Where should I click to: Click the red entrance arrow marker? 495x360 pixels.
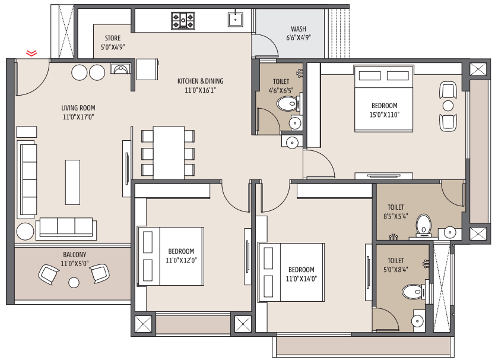[31, 53]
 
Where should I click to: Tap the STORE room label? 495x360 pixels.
[113, 38]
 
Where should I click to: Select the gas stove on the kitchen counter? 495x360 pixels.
[183, 21]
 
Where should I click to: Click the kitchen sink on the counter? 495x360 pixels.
[236, 19]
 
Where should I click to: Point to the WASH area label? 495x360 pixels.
[299, 29]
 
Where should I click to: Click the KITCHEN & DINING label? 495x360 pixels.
[200, 81]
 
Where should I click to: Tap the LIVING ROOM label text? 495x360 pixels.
[78, 108]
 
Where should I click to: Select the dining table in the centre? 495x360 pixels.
[169, 153]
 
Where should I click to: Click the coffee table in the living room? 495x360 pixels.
[72, 182]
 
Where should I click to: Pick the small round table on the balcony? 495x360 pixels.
[74, 283]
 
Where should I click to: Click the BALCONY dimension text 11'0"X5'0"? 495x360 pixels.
[75, 264]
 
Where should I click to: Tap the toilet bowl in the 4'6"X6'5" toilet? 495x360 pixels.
[287, 104]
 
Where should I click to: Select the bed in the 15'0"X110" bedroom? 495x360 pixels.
[383, 99]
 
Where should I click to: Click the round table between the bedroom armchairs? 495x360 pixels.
[448, 106]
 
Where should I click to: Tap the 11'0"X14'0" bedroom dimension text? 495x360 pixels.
[301, 279]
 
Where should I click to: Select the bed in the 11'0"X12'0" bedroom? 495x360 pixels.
[171, 256]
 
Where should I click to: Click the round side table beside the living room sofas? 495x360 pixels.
[26, 231]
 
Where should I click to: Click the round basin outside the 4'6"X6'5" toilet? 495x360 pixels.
[293, 143]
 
